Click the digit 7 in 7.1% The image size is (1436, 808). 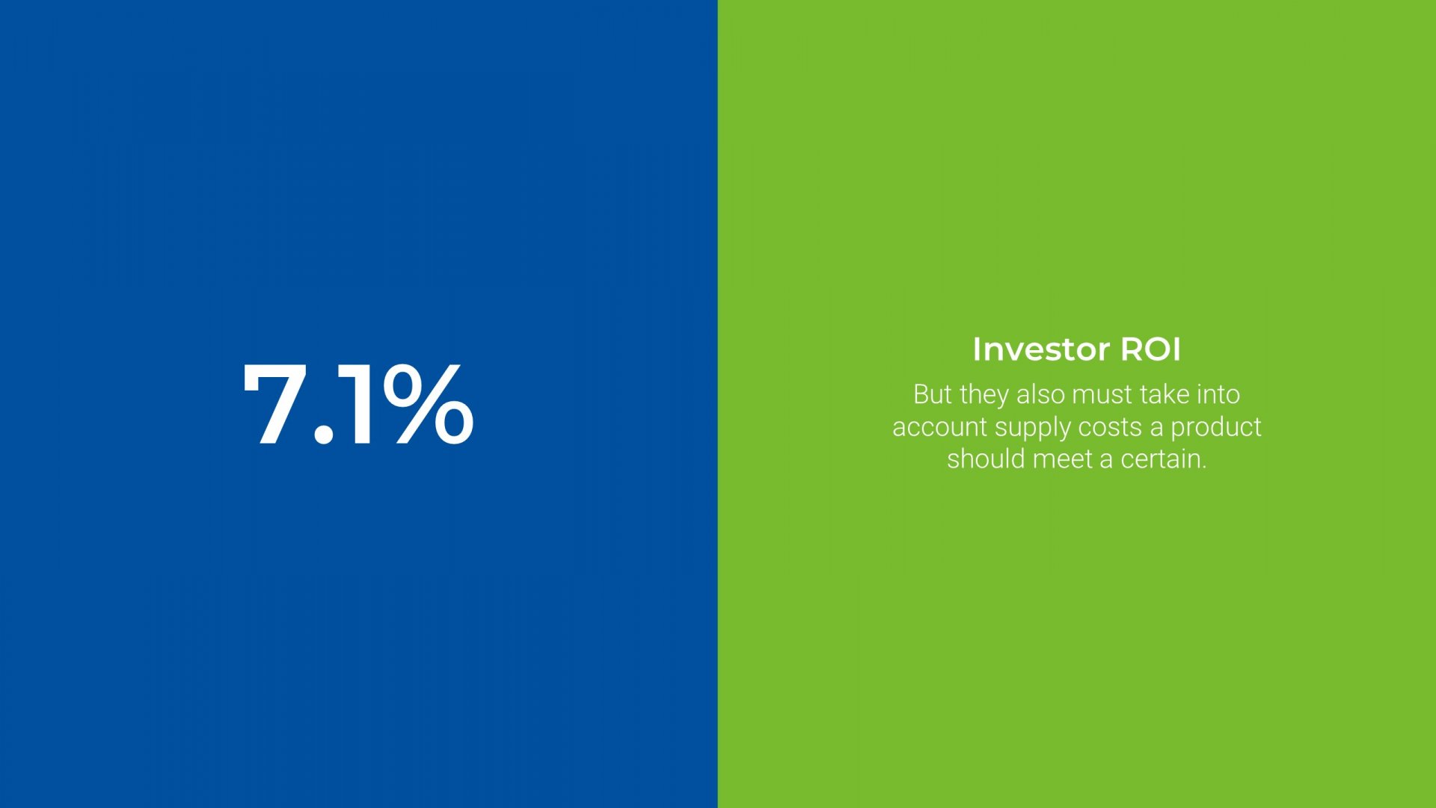pyautogui.click(x=274, y=405)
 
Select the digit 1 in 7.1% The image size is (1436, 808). pyautogui.click(x=358, y=405)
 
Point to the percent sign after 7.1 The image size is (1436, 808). pyautogui.click(x=428, y=405)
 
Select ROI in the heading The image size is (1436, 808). pyautogui.click(x=1150, y=349)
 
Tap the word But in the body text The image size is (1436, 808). pyautogui.click(x=932, y=394)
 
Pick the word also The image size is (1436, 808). pyautogui.click(x=1040, y=394)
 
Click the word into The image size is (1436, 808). pyautogui.click(x=1219, y=394)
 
